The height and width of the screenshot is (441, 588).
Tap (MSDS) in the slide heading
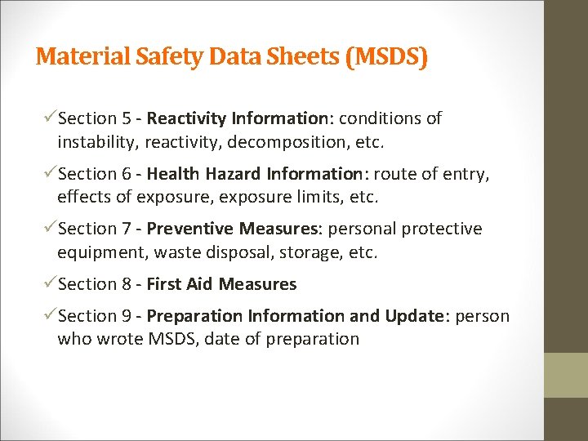point(385,57)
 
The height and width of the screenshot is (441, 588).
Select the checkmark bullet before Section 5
point(51,118)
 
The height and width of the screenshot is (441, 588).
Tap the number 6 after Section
point(128,174)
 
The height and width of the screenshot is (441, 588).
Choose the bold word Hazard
point(218,174)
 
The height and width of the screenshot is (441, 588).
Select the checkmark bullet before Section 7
point(51,229)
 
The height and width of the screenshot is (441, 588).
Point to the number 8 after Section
point(128,284)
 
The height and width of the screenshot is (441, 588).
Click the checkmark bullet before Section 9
point(51,316)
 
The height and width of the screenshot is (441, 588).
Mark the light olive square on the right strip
point(566,375)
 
